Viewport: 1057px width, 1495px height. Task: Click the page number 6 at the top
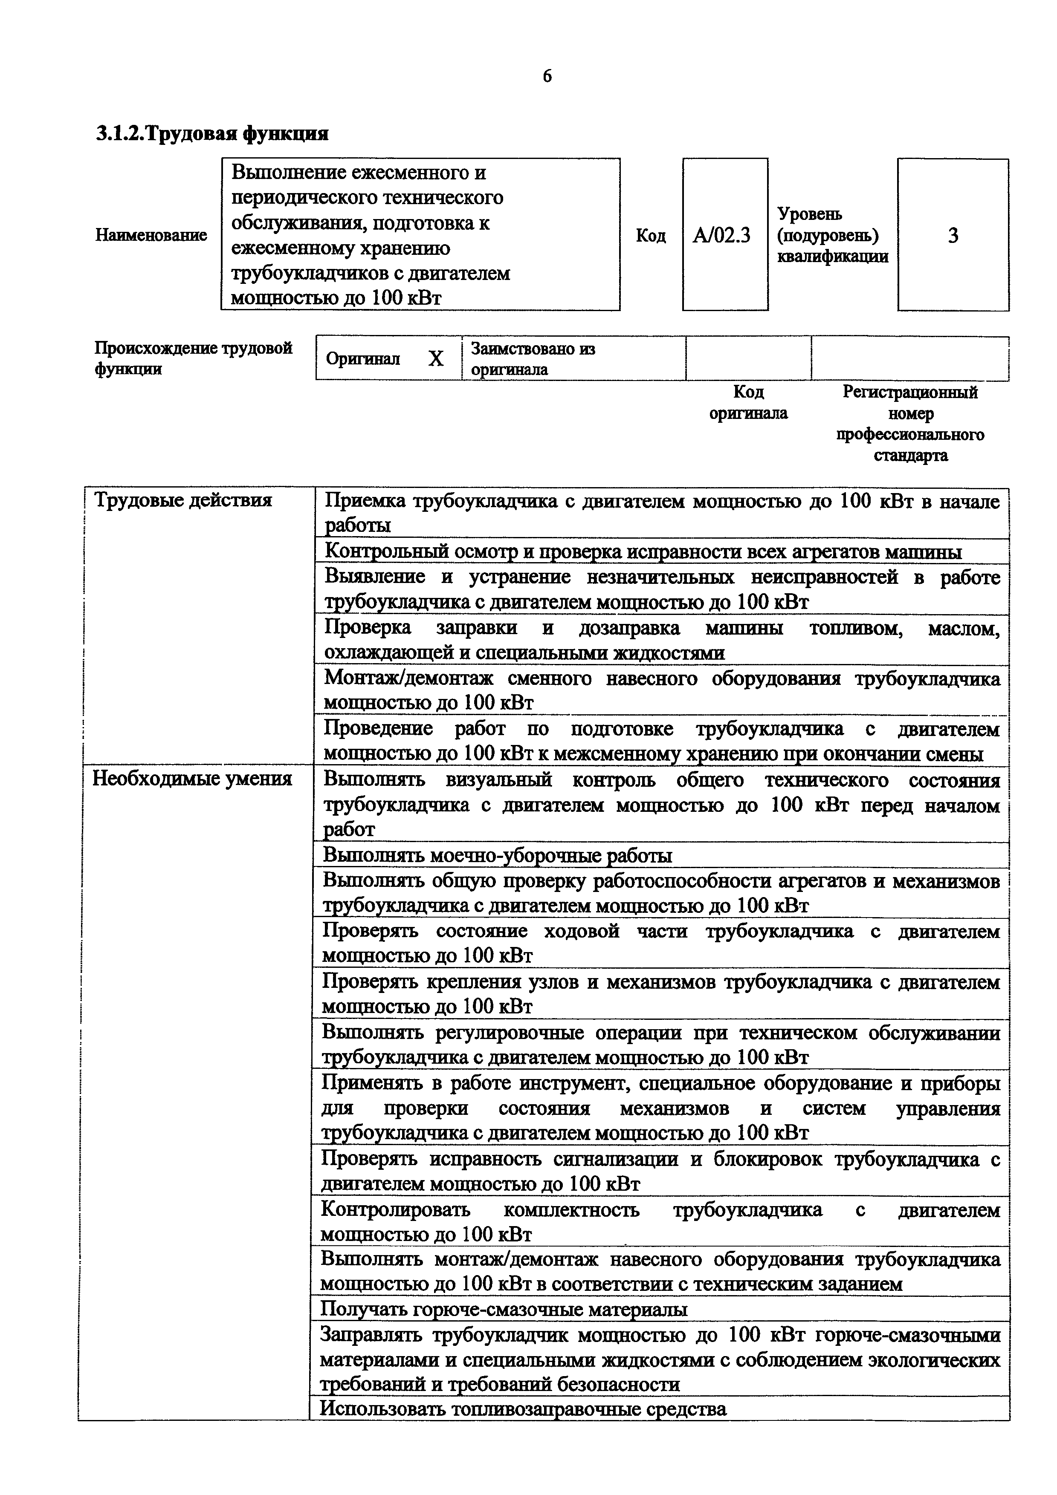coord(547,77)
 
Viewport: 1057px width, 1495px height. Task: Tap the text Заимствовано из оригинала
coord(533,359)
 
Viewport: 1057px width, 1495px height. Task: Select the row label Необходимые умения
coord(192,779)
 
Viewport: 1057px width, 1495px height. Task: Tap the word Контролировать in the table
coord(395,1210)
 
